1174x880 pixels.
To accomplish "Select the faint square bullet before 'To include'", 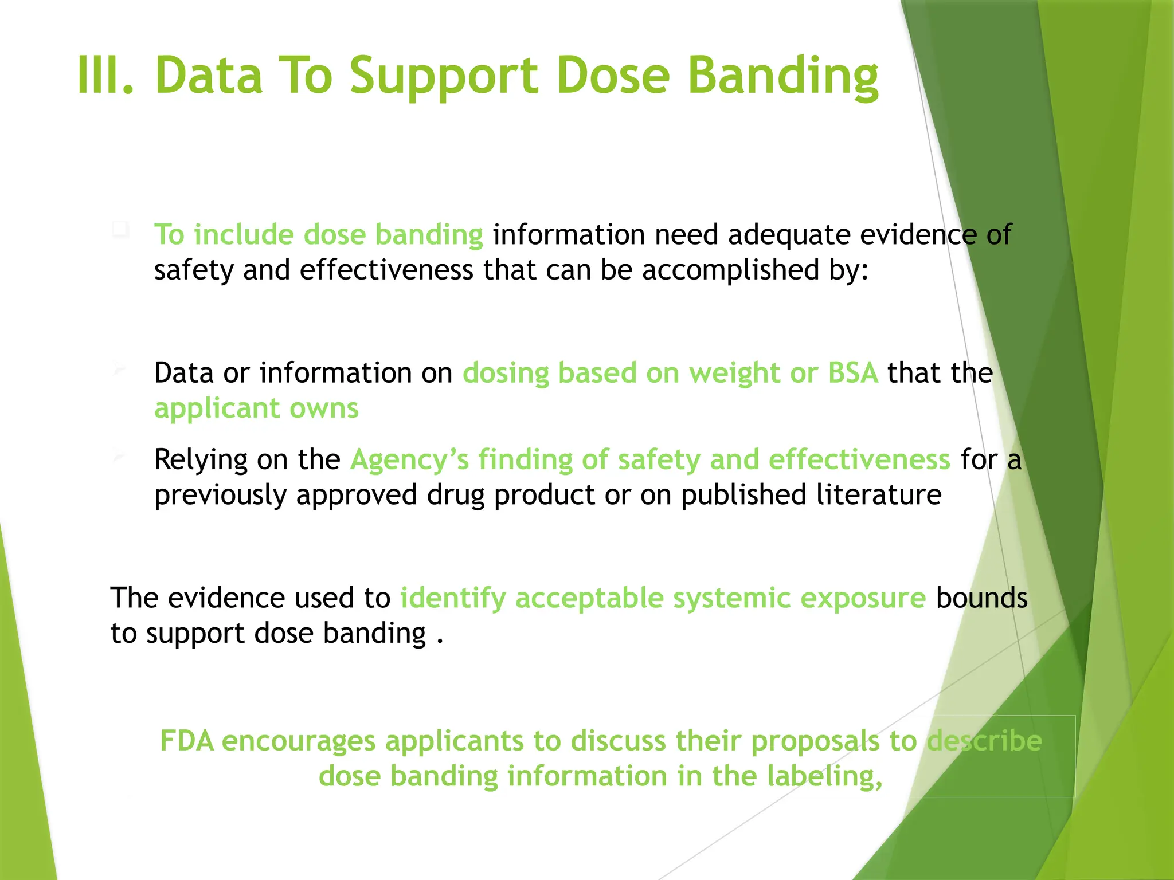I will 120,230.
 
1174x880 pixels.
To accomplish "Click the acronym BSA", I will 853,373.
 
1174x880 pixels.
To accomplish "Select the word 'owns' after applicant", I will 324,408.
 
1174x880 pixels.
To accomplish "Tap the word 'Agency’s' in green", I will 409,460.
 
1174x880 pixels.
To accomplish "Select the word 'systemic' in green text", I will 731,599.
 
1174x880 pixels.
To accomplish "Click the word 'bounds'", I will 981,598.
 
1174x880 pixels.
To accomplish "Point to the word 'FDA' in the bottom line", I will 187,740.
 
